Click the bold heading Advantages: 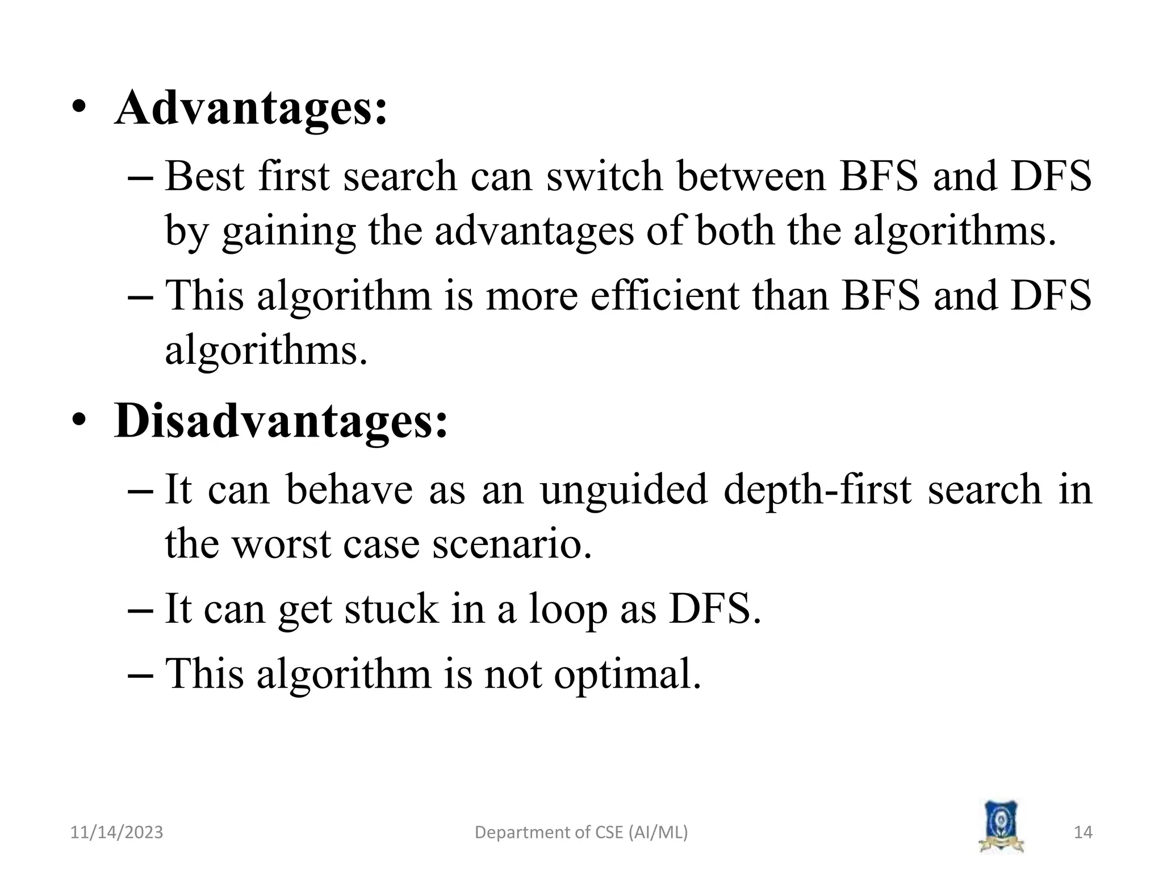[251, 108]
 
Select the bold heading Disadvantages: [281, 421]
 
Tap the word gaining [288, 233]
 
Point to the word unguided [624, 489]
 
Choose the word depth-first [818, 489]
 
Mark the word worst [282, 544]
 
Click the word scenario [512, 544]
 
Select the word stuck [391, 609]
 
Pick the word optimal [627, 674]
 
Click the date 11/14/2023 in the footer [116, 832]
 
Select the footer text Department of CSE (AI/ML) [581, 832]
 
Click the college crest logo [1001, 826]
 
